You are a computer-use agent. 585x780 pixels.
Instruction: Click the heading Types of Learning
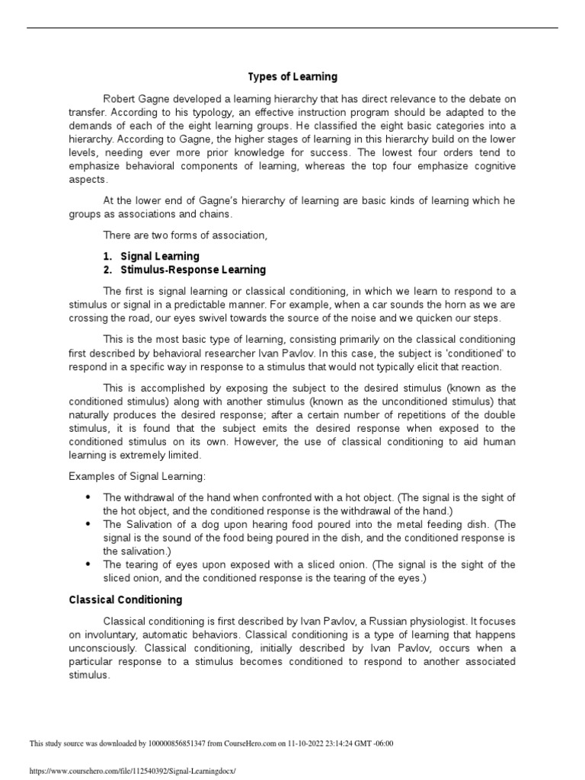(292, 77)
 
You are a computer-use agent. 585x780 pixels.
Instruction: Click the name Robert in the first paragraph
(121, 98)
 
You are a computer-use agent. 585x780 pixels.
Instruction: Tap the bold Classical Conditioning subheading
(126, 600)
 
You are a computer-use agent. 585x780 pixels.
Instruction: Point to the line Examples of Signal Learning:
(126, 476)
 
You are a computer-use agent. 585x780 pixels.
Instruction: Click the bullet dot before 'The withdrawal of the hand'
(88, 497)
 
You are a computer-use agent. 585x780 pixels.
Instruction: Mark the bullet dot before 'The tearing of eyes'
(88, 564)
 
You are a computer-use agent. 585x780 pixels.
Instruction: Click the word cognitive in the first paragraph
(488, 167)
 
